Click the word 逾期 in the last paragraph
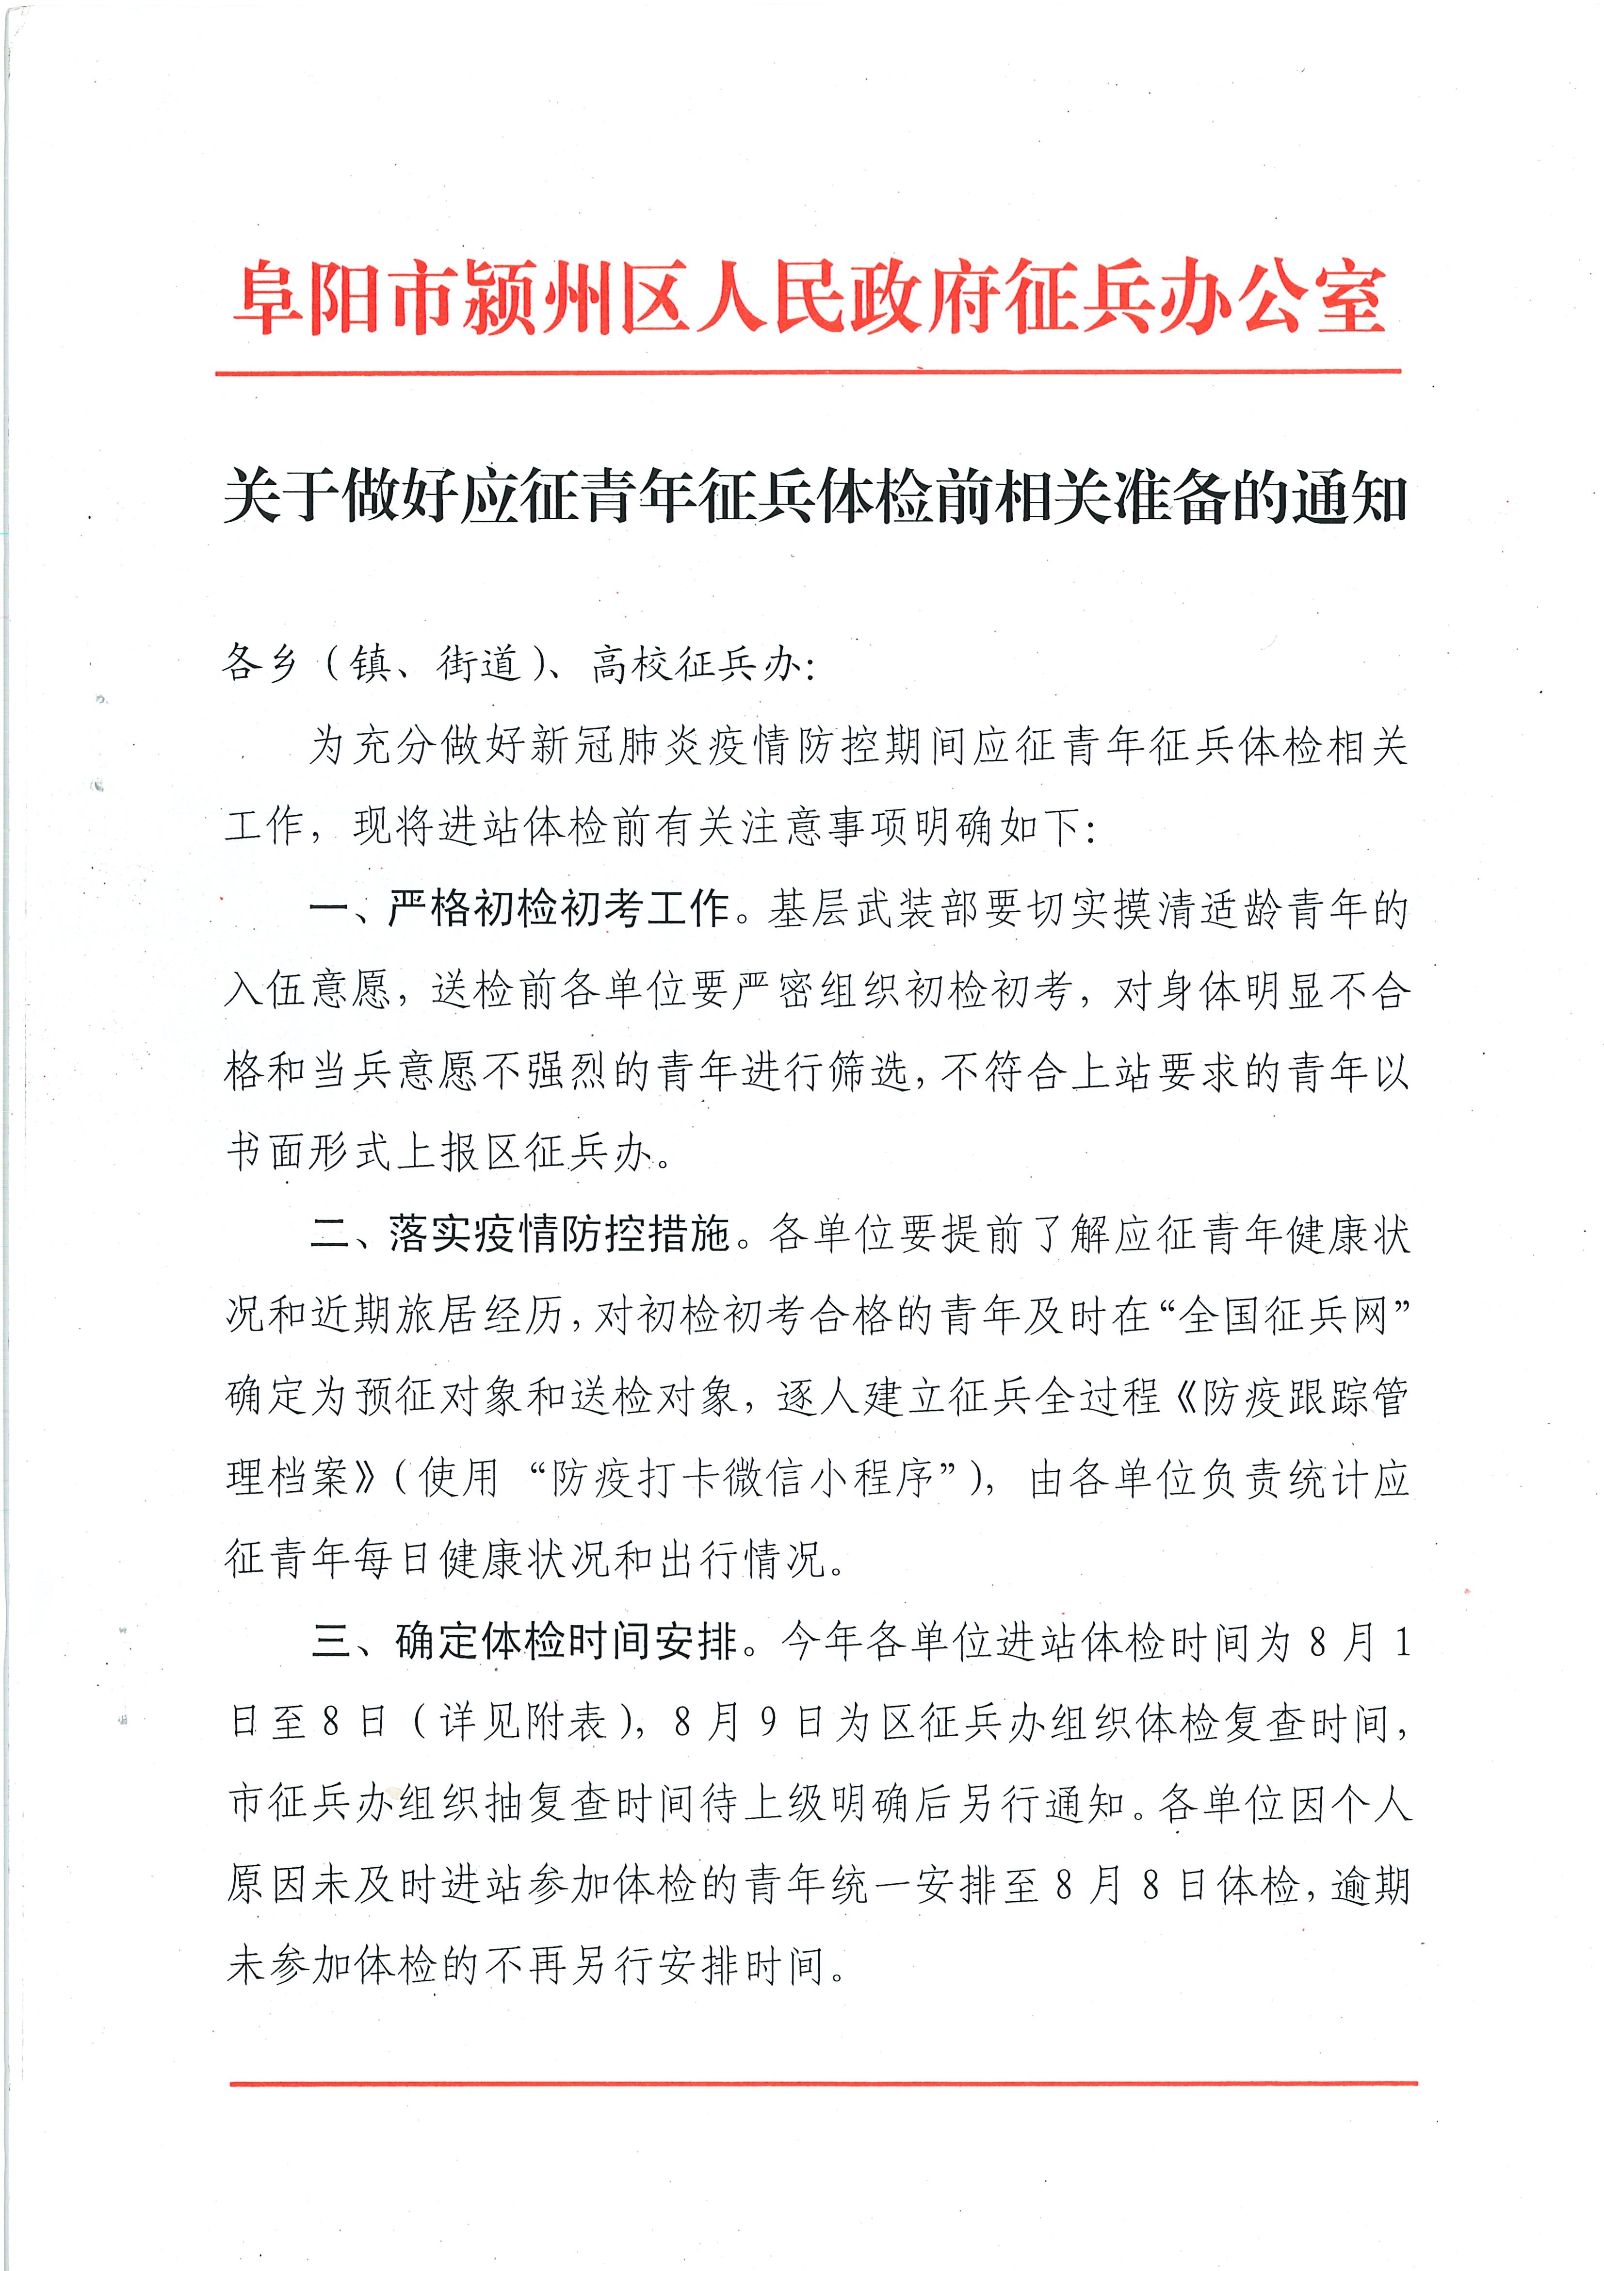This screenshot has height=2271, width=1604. click(x=1370, y=1886)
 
